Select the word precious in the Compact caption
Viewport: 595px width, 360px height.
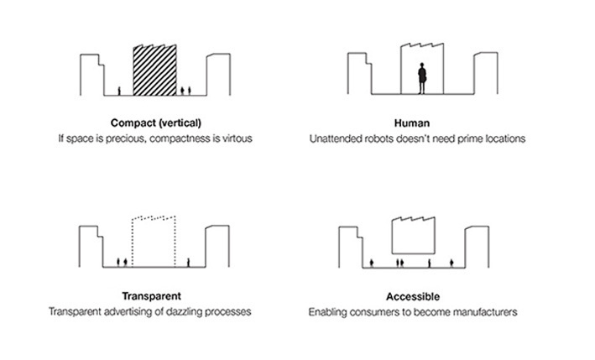click(132, 138)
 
